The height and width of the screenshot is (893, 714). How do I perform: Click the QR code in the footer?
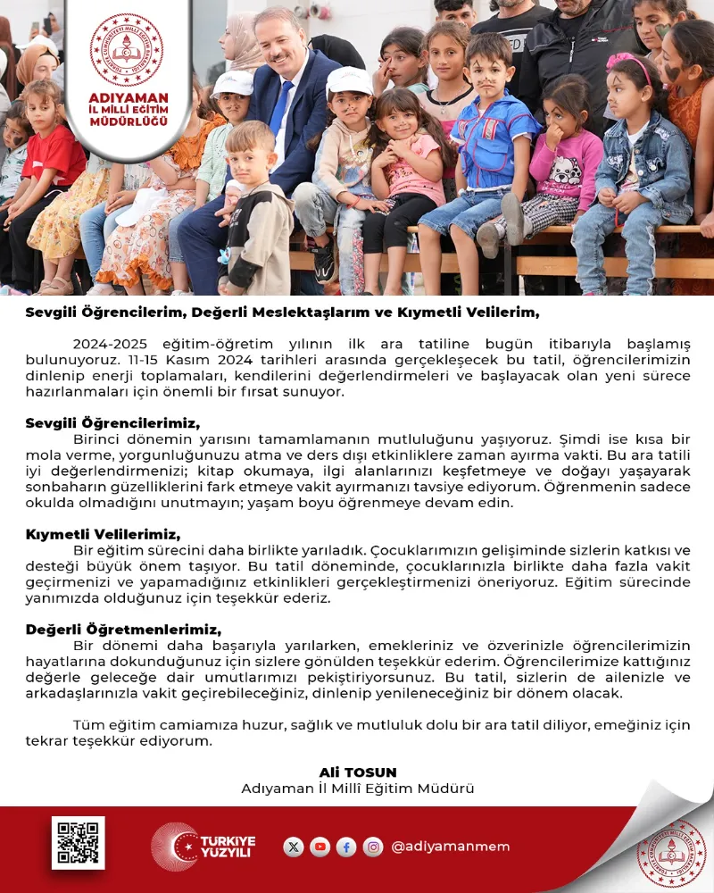78,842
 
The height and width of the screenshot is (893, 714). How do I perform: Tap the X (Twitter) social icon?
294,847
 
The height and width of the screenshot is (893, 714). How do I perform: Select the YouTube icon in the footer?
320,847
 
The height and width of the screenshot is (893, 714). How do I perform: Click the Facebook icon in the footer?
346,847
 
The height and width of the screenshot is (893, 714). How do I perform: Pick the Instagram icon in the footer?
373,847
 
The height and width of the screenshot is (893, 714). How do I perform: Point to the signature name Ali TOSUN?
357,772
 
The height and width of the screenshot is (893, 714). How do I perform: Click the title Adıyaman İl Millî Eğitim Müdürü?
357,789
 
